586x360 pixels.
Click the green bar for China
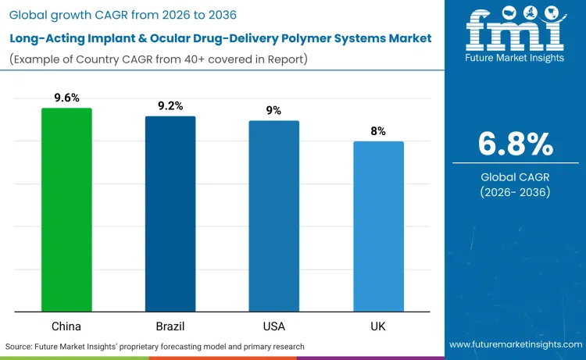66,209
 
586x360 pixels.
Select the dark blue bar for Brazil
170,213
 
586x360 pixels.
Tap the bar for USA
274,216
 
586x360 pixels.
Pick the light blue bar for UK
378,226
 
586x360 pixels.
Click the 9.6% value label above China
66,98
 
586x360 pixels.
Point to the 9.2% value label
170,105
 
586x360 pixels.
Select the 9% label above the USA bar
274,110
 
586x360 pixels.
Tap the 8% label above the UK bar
378,131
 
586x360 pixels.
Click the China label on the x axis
66,326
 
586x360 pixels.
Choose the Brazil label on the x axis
170,326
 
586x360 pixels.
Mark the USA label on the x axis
274,326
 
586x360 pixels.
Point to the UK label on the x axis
378,326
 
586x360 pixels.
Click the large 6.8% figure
516,144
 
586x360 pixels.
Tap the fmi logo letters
516,32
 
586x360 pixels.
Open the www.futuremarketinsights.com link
516,344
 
